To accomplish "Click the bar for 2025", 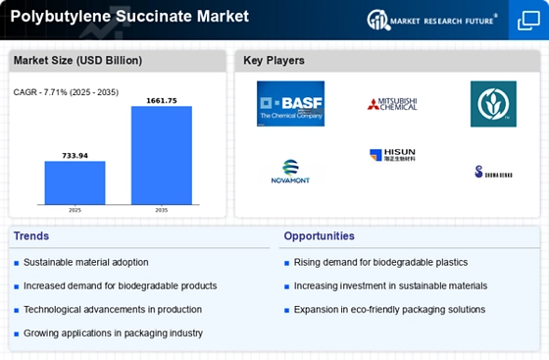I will (75, 182).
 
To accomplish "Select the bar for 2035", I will (162, 155).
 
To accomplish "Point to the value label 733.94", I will (75, 155).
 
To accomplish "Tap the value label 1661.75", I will (162, 99).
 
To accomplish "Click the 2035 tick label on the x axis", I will (162, 210).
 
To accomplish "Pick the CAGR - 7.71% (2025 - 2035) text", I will (68, 92).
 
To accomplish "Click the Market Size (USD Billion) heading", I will (77, 61).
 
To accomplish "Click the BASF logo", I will (290, 104).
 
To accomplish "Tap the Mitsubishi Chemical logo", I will (392, 103).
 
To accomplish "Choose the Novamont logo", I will (290, 171).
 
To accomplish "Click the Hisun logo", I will (392, 156).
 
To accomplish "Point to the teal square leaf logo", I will (493, 104).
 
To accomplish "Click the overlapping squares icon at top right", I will (528, 20).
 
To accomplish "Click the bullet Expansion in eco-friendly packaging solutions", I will (389, 310).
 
